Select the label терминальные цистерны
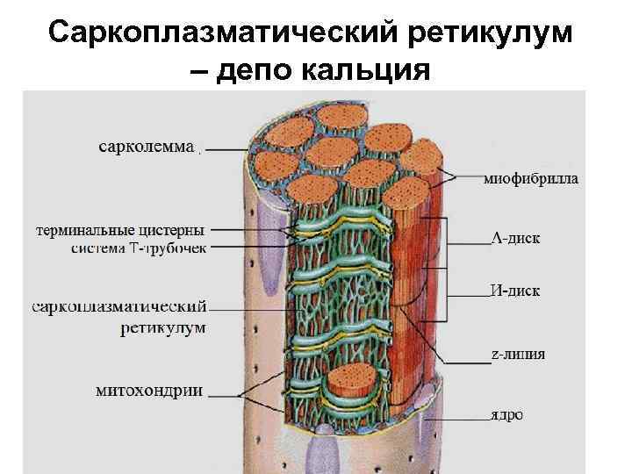coord(121,230)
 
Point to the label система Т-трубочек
coord(140,248)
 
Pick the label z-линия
coord(517,355)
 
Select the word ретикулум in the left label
coord(163,328)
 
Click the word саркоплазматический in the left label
coord(120,307)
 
